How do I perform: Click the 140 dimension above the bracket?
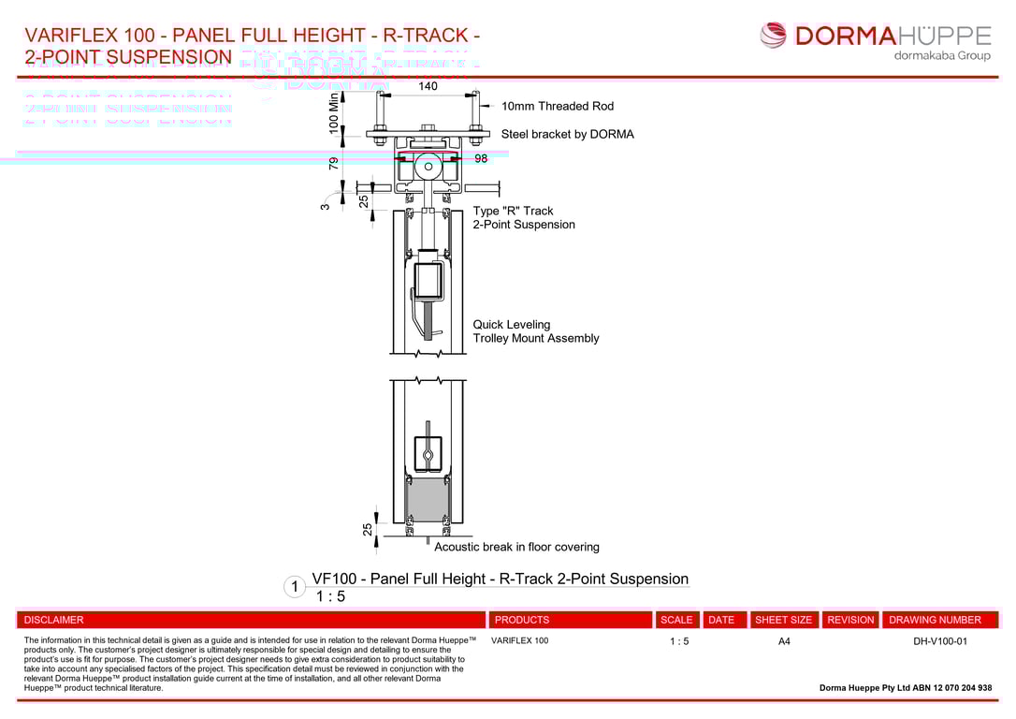428,86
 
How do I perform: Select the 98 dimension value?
481,159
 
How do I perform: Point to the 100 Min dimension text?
334,112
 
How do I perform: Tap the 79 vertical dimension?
334,163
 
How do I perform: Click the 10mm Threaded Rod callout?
558,107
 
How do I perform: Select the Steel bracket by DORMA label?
567,135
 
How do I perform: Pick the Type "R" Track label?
513,212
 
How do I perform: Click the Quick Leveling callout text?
512,325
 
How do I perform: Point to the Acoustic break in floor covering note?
516,547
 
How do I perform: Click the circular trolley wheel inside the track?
428,168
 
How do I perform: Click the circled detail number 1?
295,587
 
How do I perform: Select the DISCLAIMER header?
54,620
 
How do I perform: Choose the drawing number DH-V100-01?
940,641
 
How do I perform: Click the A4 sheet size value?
784,641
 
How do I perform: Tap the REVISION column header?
850,620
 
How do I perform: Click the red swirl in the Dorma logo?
774,36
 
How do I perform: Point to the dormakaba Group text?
942,55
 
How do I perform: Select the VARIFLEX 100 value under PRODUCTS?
519,641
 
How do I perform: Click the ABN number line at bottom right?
906,688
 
